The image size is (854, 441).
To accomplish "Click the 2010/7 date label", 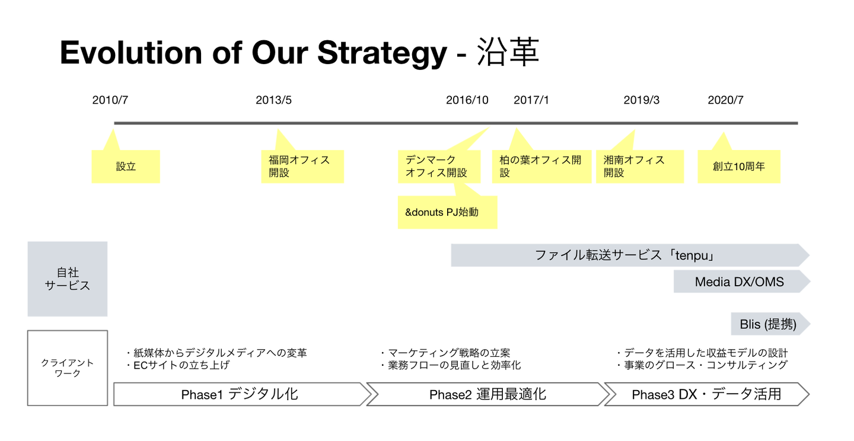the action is [110, 100].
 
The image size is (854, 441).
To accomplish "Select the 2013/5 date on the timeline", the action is [273, 100].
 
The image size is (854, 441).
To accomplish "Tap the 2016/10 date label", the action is [467, 100].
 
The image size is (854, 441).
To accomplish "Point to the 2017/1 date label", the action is [531, 100].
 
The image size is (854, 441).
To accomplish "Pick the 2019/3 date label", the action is [641, 100].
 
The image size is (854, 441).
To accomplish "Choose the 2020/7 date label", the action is [725, 100].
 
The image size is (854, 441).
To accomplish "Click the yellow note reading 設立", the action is [126, 167].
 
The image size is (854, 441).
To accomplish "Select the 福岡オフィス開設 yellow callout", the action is [302, 167].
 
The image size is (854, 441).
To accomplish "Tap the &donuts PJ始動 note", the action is [448, 212].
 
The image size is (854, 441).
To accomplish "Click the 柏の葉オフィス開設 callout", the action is [542, 167].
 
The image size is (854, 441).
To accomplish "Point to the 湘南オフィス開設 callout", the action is [640, 167].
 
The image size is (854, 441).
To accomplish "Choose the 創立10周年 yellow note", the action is [739, 167].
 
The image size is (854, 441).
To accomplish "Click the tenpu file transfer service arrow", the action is [630, 255].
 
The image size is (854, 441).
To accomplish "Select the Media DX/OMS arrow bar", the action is [741, 282].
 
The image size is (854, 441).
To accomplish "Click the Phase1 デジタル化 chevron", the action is [242, 394].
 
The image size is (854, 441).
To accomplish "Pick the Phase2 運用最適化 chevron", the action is [487, 394].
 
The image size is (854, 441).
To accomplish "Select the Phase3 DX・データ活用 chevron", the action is [706, 394].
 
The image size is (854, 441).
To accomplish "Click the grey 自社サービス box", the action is [68, 279].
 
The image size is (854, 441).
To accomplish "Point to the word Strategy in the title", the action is [382, 53].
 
